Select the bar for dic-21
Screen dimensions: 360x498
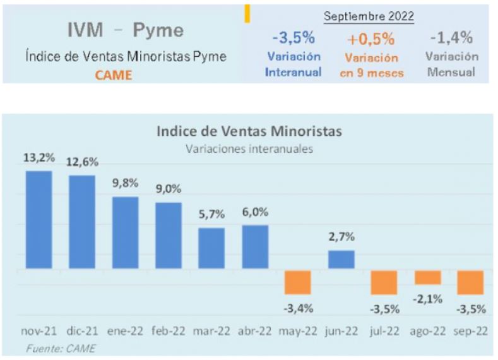pyautogui.click(x=82, y=222)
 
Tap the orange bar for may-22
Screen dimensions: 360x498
pyautogui.click(x=298, y=282)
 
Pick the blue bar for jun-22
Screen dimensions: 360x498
pyautogui.click(x=341, y=260)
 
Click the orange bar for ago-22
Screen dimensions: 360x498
pyautogui.click(x=428, y=277)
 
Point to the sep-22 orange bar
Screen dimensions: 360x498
pyautogui.click(x=471, y=282)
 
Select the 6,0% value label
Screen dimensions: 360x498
pyautogui.click(x=255, y=213)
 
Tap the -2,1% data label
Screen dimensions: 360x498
pyautogui.click(x=428, y=297)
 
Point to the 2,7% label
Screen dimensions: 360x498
pyautogui.click(x=341, y=237)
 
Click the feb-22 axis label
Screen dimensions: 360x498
pyautogui.click(x=169, y=330)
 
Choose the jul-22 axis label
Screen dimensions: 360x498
pyautogui.click(x=384, y=330)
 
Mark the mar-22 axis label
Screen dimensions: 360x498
pyautogui.click(x=211, y=330)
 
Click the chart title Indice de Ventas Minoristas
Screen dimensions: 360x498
pyautogui.click(x=249, y=131)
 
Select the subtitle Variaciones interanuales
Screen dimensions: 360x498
pyautogui.click(x=249, y=149)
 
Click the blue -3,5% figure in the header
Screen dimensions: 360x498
pyautogui.click(x=293, y=38)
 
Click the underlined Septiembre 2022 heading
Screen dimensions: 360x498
pyautogui.click(x=369, y=17)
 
